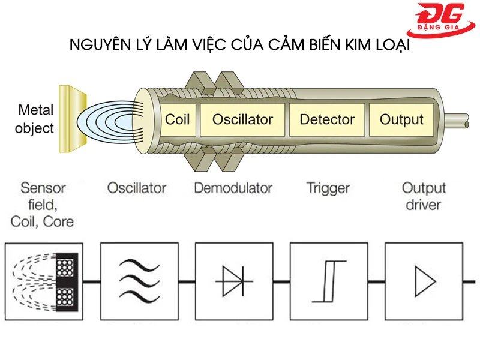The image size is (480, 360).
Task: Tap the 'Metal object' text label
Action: pyautogui.click(x=35, y=119)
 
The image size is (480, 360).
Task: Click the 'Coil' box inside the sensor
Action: pyautogui.click(x=177, y=119)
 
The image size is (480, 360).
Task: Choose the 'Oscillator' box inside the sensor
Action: pyautogui.click(x=242, y=119)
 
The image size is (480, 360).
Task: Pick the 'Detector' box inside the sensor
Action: pyautogui.click(x=327, y=119)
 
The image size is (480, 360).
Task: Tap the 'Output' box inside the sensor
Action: pyautogui.click(x=401, y=119)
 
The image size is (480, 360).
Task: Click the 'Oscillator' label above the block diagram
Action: pyautogui.click(x=136, y=188)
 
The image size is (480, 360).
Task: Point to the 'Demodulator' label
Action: pyautogui.click(x=233, y=188)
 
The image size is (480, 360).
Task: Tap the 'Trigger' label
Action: pyautogui.click(x=328, y=188)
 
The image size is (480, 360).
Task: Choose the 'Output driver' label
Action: pyautogui.click(x=424, y=196)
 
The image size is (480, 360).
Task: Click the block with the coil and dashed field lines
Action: pyautogui.click(x=43, y=280)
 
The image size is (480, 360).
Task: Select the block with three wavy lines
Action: pyautogui.click(x=138, y=280)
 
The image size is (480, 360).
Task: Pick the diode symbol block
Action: pyautogui.click(x=233, y=280)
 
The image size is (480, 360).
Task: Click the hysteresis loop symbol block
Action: pyautogui.click(x=328, y=280)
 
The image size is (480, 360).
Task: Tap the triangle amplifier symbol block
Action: pyautogui.click(x=423, y=280)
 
